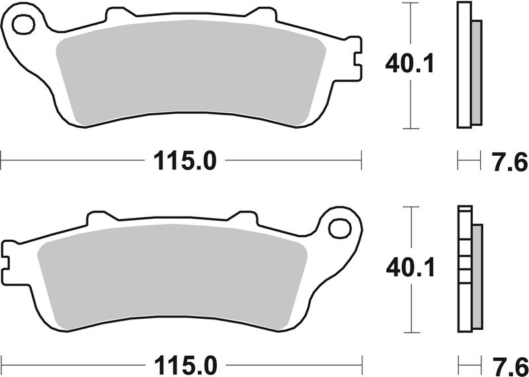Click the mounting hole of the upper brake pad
click(23, 25)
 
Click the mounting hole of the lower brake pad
click(339, 228)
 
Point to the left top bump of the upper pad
click(116, 13)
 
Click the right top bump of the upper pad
click(261, 13)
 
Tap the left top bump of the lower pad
click(99, 217)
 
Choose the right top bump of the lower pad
click(244, 217)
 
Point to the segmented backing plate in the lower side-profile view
click(464, 272)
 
